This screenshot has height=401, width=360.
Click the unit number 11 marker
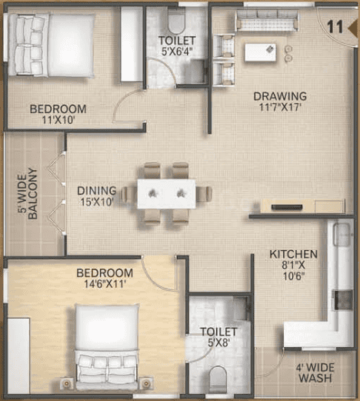(335, 27)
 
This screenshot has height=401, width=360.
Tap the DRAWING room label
(280, 96)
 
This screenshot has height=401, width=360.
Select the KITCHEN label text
(294, 254)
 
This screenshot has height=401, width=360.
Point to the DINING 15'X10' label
(97, 196)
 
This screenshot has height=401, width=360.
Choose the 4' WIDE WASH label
(315, 373)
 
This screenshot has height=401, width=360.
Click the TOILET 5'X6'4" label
(177, 46)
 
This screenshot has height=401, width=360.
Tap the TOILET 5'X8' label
(218, 337)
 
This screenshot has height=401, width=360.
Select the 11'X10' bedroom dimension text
(58, 120)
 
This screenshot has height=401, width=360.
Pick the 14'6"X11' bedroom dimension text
(105, 284)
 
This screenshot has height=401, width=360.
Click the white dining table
(167, 194)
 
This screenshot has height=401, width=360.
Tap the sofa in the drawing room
(267, 21)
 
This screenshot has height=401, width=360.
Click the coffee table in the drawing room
(260, 52)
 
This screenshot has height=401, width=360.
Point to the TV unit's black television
(287, 207)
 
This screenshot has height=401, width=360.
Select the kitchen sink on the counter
(342, 234)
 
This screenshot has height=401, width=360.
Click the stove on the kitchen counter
(342, 300)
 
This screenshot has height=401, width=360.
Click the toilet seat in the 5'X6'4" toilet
(177, 20)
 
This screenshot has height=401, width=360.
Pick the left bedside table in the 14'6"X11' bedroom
(67, 383)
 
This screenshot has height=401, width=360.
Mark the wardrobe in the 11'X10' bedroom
(132, 44)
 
